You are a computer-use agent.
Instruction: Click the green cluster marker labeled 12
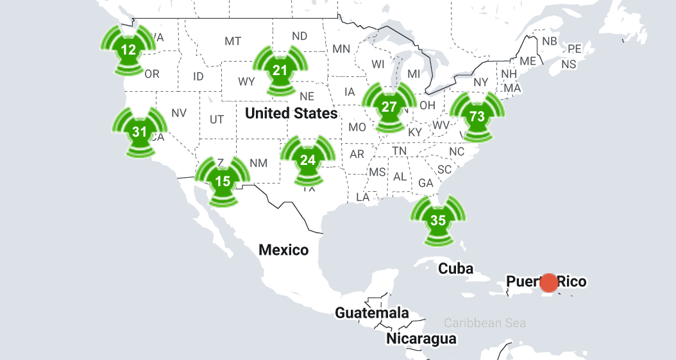pos(129,49)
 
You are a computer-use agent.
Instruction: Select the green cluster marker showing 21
pos(280,70)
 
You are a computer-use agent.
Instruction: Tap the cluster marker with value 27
pos(389,107)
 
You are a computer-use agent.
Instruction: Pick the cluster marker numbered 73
pos(477,116)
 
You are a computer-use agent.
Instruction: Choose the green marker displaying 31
pos(139,132)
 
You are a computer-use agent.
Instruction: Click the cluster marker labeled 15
pos(223,181)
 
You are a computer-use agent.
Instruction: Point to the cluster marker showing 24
pos(308,160)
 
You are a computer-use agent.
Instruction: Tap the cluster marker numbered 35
pos(438,219)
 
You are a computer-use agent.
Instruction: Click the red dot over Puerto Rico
pos(549,282)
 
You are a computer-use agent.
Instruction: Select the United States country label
pos(291,114)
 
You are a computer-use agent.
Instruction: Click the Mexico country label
pos(283,250)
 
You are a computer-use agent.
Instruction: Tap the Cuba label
pos(456,268)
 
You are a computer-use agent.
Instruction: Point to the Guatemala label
pos(372,313)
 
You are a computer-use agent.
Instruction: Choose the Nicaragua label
pos(421,338)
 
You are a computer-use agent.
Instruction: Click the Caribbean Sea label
pos(485,323)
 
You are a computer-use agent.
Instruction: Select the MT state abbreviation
pos(233,41)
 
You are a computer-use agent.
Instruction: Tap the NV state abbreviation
pos(179,113)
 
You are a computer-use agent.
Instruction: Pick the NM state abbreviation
pos(258,163)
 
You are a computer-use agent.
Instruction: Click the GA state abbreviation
pos(426,183)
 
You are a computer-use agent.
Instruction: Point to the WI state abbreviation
pos(378,64)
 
